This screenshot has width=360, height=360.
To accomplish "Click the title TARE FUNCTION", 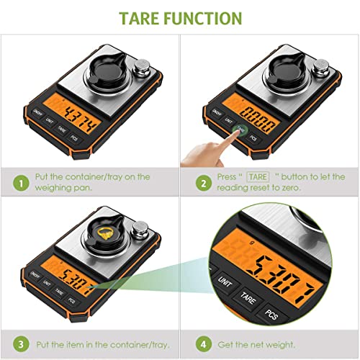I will click(x=179, y=17).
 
